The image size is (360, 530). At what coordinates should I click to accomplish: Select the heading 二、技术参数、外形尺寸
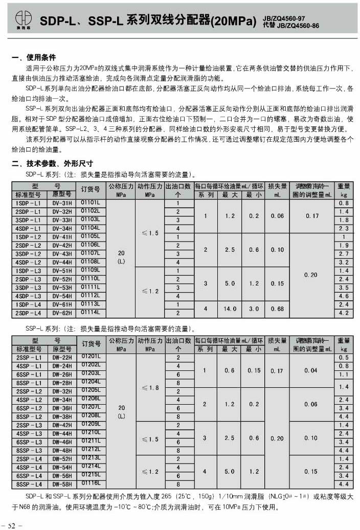(x=52, y=164)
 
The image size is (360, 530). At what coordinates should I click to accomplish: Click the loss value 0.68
(x=278, y=308)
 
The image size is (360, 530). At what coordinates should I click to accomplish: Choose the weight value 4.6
(x=344, y=296)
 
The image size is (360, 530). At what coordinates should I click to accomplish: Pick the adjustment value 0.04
(x=311, y=370)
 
